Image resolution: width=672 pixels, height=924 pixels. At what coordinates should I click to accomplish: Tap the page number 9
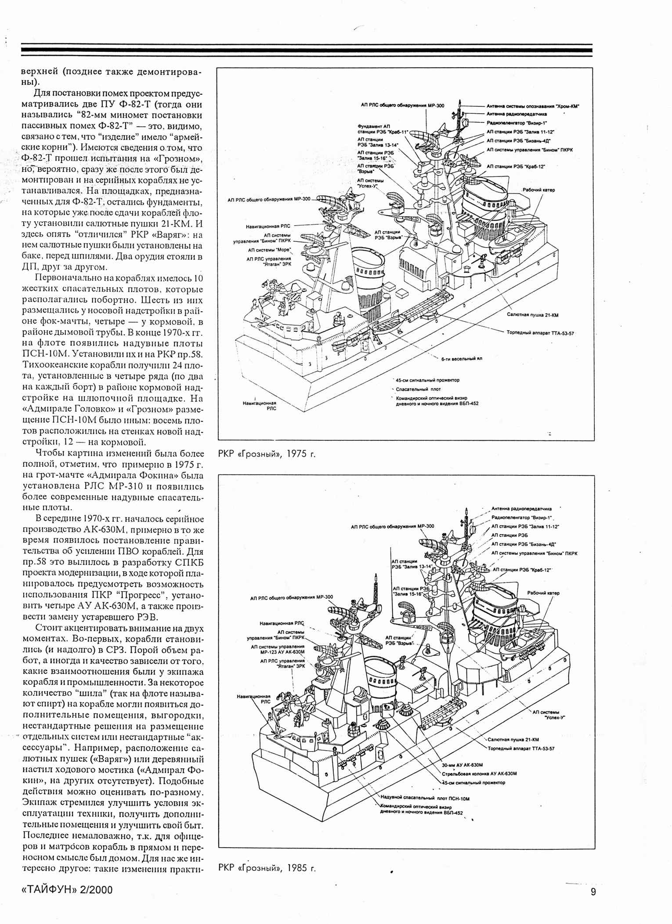tap(593, 892)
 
